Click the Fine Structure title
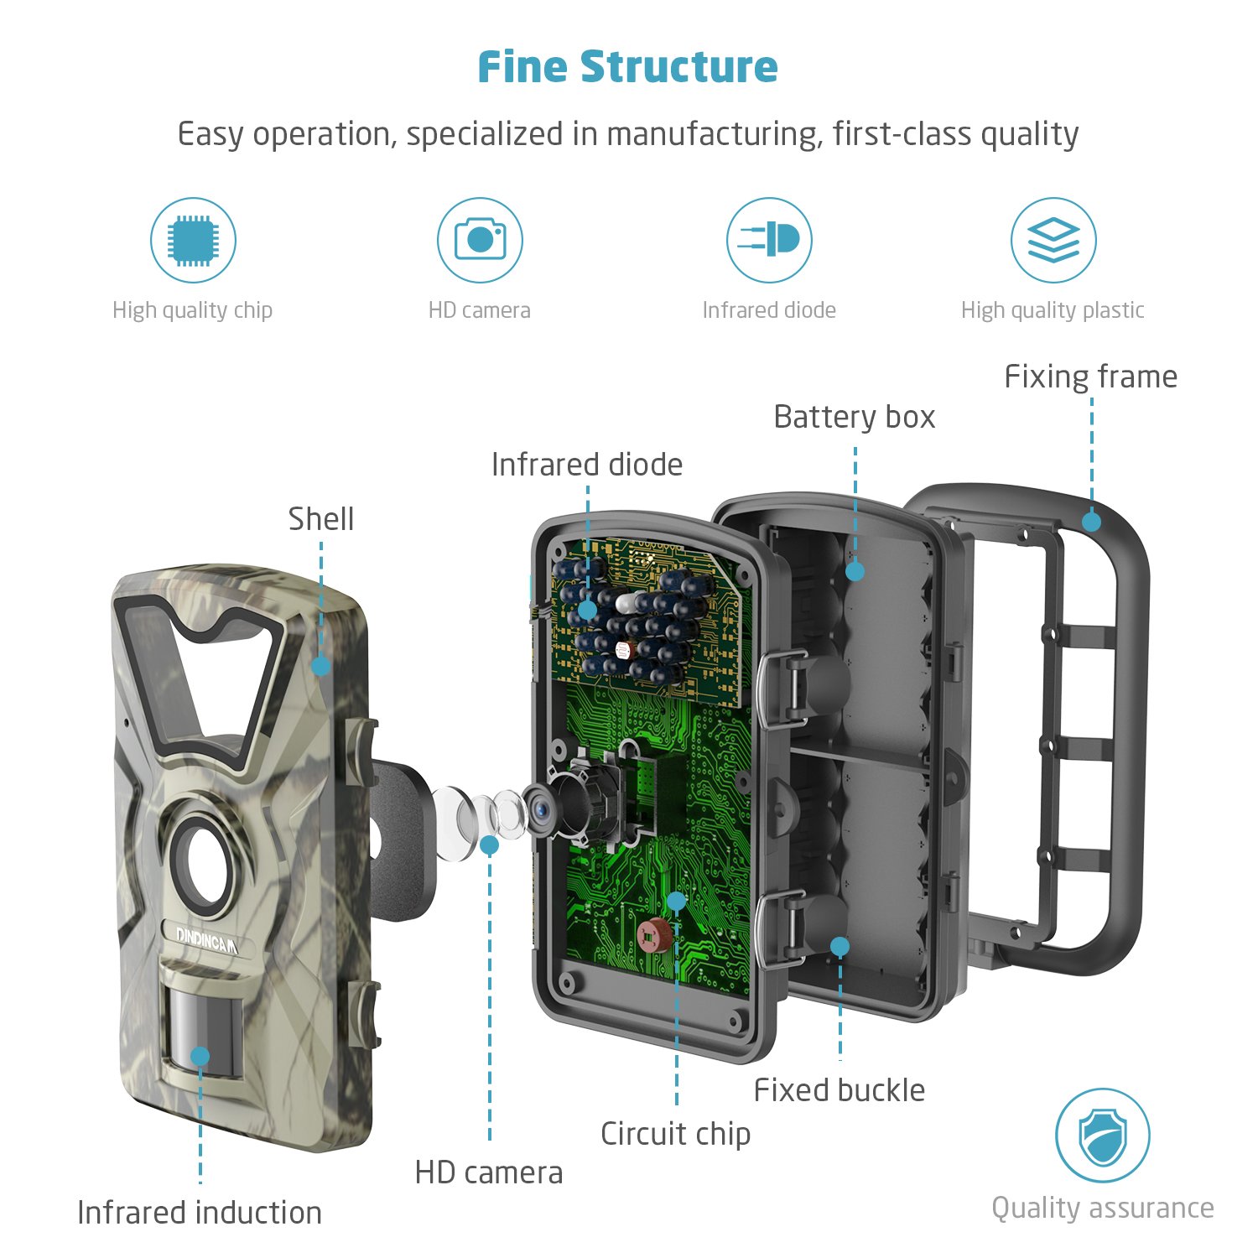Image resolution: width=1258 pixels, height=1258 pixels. pyautogui.click(x=627, y=67)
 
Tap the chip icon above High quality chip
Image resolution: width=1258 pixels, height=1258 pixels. pyautogui.click(x=193, y=241)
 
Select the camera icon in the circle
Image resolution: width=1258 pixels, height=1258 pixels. pyautogui.click(x=480, y=241)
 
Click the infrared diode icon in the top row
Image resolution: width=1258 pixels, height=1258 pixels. pyautogui.click(x=769, y=240)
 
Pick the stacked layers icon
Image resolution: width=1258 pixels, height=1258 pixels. pyautogui.click(x=1053, y=241)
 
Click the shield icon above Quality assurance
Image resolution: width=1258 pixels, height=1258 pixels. pyautogui.click(x=1102, y=1136)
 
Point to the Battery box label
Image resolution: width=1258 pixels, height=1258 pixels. pyautogui.click(x=854, y=417)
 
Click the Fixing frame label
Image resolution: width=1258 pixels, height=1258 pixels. pyautogui.click(x=1090, y=377)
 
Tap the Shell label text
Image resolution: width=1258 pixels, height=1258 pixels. pyautogui.click(x=321, y=519)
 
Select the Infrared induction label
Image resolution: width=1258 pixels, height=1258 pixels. pyautogui.click(x=200, y=1213)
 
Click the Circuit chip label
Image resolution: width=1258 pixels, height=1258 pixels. pyautogui.click(x=675, y=1134)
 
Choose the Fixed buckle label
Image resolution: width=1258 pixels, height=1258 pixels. pyautogui.click(x=839, y=1090)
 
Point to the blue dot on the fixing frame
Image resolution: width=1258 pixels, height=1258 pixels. pyautogui.click(x=1091, y=522)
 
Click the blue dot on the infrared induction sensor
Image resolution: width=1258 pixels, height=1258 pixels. pyautogui.click(x=200, y=1056)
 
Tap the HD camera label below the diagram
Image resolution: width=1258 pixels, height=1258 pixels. pyautogui.click(x=489, y=1172)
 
